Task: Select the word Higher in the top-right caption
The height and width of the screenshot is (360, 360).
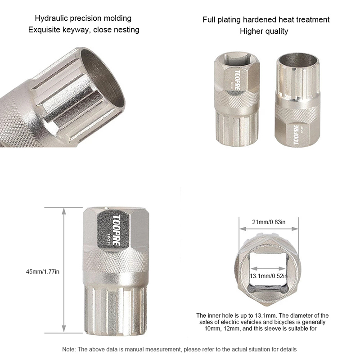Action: [252, 31]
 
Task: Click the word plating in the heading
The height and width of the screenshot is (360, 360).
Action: [229, 20]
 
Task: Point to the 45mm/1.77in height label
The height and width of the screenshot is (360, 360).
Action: [42, 272]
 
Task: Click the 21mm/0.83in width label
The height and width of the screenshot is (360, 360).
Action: [269, 222]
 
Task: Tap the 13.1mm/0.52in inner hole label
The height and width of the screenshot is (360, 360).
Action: [269, 276]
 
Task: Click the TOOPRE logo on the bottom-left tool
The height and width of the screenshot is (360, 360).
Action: [116, 229]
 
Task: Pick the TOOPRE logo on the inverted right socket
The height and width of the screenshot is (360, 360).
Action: [297, 135]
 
